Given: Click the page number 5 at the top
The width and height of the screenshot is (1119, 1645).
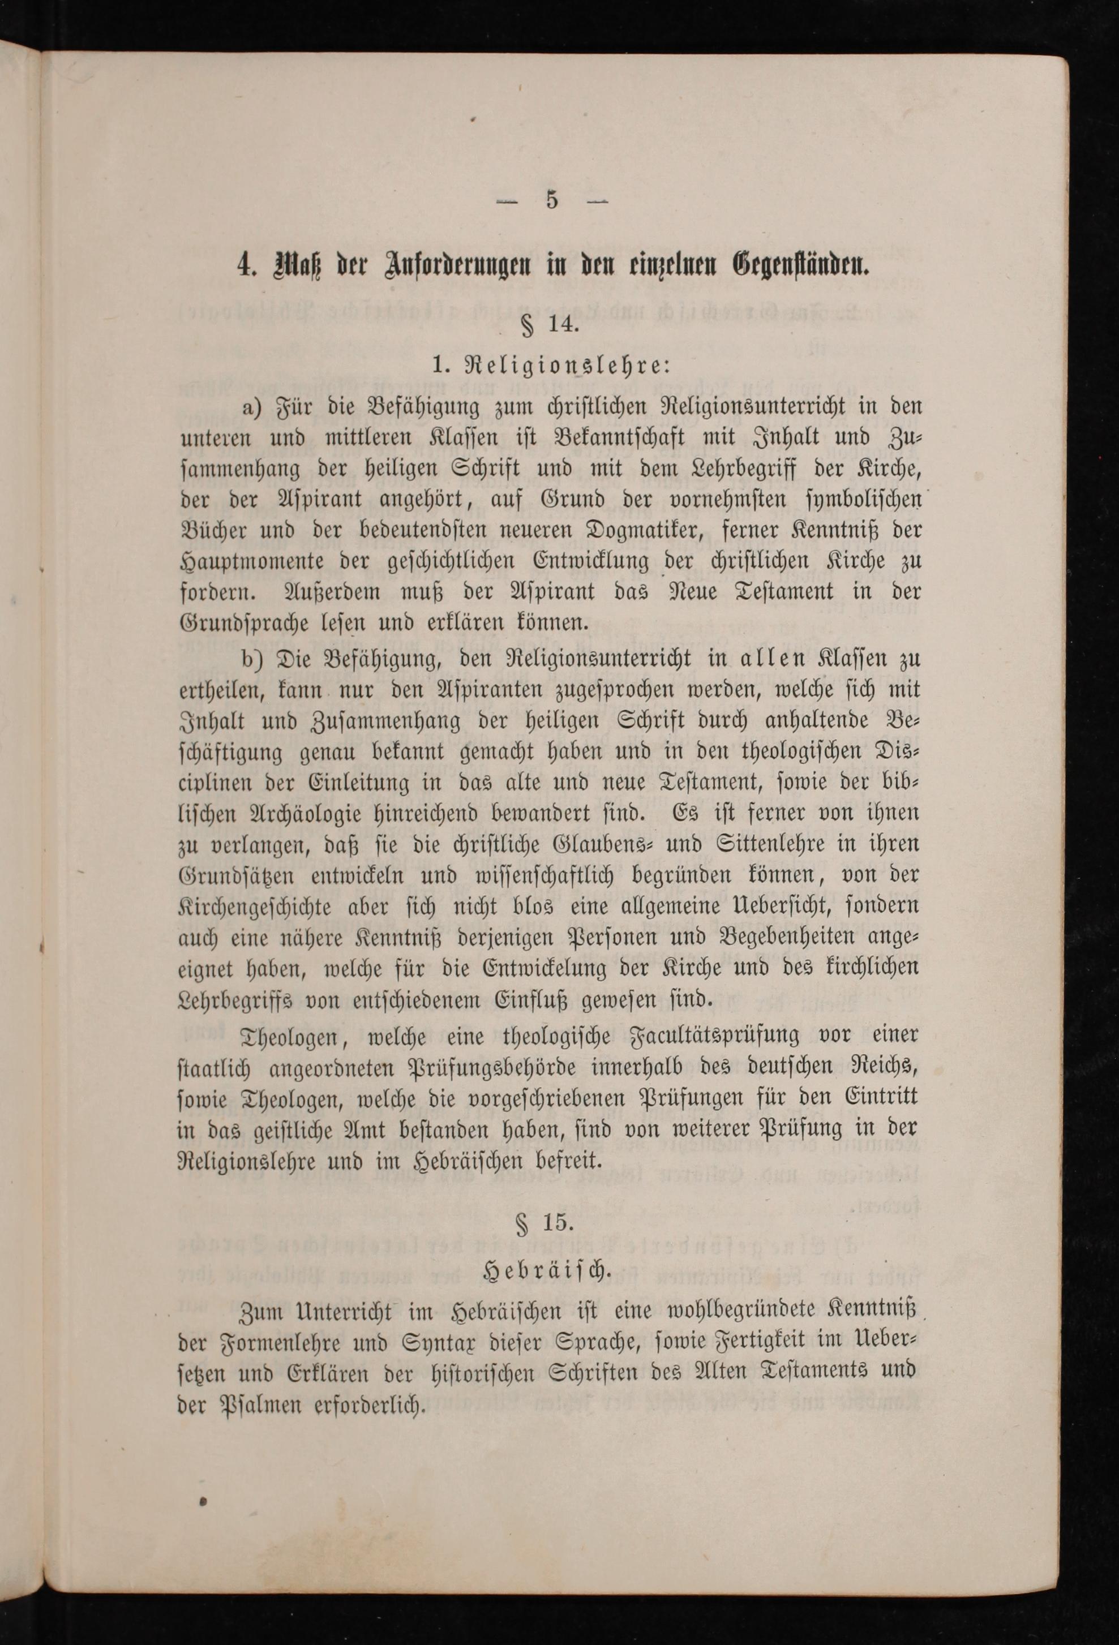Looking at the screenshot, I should point(552,201).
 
